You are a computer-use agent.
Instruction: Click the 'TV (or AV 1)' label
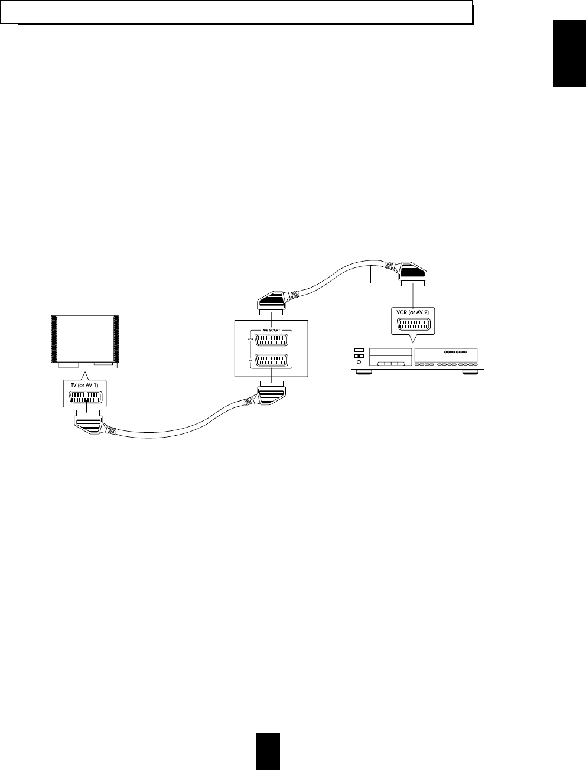[85, 386]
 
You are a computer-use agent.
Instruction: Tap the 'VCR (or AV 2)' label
[412, 311]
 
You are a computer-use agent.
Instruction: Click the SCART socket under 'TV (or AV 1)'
[86, 399]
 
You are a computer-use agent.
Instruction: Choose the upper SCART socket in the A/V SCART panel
[271, 342]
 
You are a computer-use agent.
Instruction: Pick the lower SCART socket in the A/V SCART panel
[271, 361]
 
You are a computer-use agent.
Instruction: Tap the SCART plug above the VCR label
[412, 272]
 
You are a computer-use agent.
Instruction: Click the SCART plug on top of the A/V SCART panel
[271, 303]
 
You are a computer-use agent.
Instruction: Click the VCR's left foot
[363, 373]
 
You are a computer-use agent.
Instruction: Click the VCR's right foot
[470, 373]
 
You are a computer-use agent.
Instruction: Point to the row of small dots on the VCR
[455, 352]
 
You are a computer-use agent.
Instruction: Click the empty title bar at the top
[236, 12]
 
